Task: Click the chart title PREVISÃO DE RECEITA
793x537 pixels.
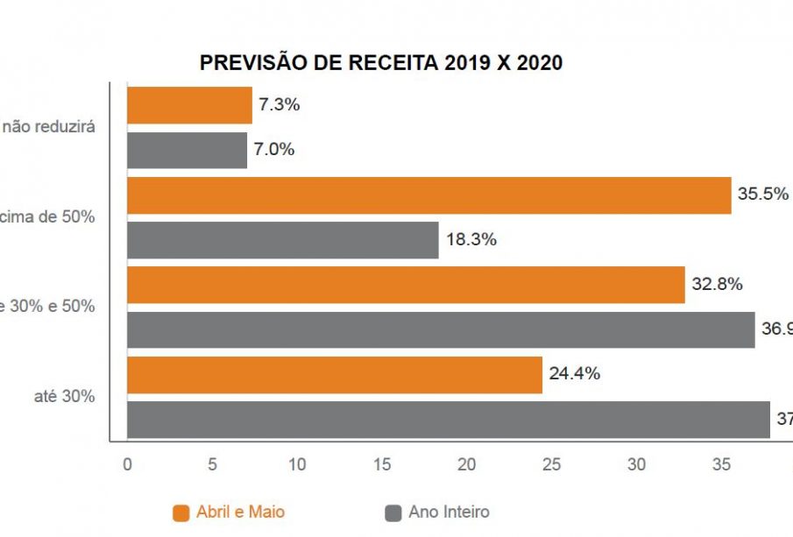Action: (381, 63)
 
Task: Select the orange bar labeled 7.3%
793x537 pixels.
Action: (189, 105)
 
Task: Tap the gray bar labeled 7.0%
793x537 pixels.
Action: (187, 150)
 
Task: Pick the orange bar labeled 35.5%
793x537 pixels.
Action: (428, 195)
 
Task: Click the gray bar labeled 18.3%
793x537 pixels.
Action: (282, 240)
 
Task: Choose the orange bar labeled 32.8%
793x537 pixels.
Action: (406, 285)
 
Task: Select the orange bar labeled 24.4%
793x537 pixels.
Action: (335, 374)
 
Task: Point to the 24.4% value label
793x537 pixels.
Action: (574, 374)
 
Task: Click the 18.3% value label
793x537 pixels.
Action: (471, 240)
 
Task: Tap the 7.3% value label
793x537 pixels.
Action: (279, 105)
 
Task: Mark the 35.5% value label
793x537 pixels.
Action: (762, 194)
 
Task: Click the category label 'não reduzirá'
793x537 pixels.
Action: (48, 126)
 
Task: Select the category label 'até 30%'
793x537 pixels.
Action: (64, 396)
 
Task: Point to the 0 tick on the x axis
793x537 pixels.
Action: (128, 464)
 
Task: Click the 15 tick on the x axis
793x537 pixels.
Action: (382, 464)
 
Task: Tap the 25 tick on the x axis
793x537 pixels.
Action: (551, 464)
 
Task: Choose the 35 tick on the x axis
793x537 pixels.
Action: (720, 464)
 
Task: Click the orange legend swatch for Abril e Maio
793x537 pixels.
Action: (182, 513)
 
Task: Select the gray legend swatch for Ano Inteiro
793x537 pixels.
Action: (393, 513)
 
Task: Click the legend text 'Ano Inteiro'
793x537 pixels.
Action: (449, 512)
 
